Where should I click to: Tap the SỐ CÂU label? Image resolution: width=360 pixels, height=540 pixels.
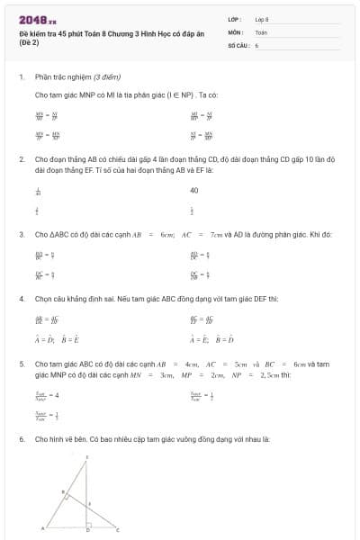pyautogui.click(x=238, y=43)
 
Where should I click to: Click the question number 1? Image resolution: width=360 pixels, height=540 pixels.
pyautogui.click(x=21, y=77)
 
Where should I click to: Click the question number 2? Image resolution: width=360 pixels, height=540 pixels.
pyautogui.click(x=21, y=158)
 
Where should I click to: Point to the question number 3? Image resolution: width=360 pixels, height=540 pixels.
pyautogui.click(x=21, y=234)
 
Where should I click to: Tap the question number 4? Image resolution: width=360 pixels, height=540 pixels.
pyautogui.click(x=21, y=297)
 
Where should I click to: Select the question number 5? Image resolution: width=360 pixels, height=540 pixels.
pyautogui.click(x=21, y=364)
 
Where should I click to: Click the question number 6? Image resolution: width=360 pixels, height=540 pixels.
pyautogui.click(x=21, y=439)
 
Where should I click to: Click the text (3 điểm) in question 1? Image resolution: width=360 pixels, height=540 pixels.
pyautogui.click(x=106, y=77)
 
